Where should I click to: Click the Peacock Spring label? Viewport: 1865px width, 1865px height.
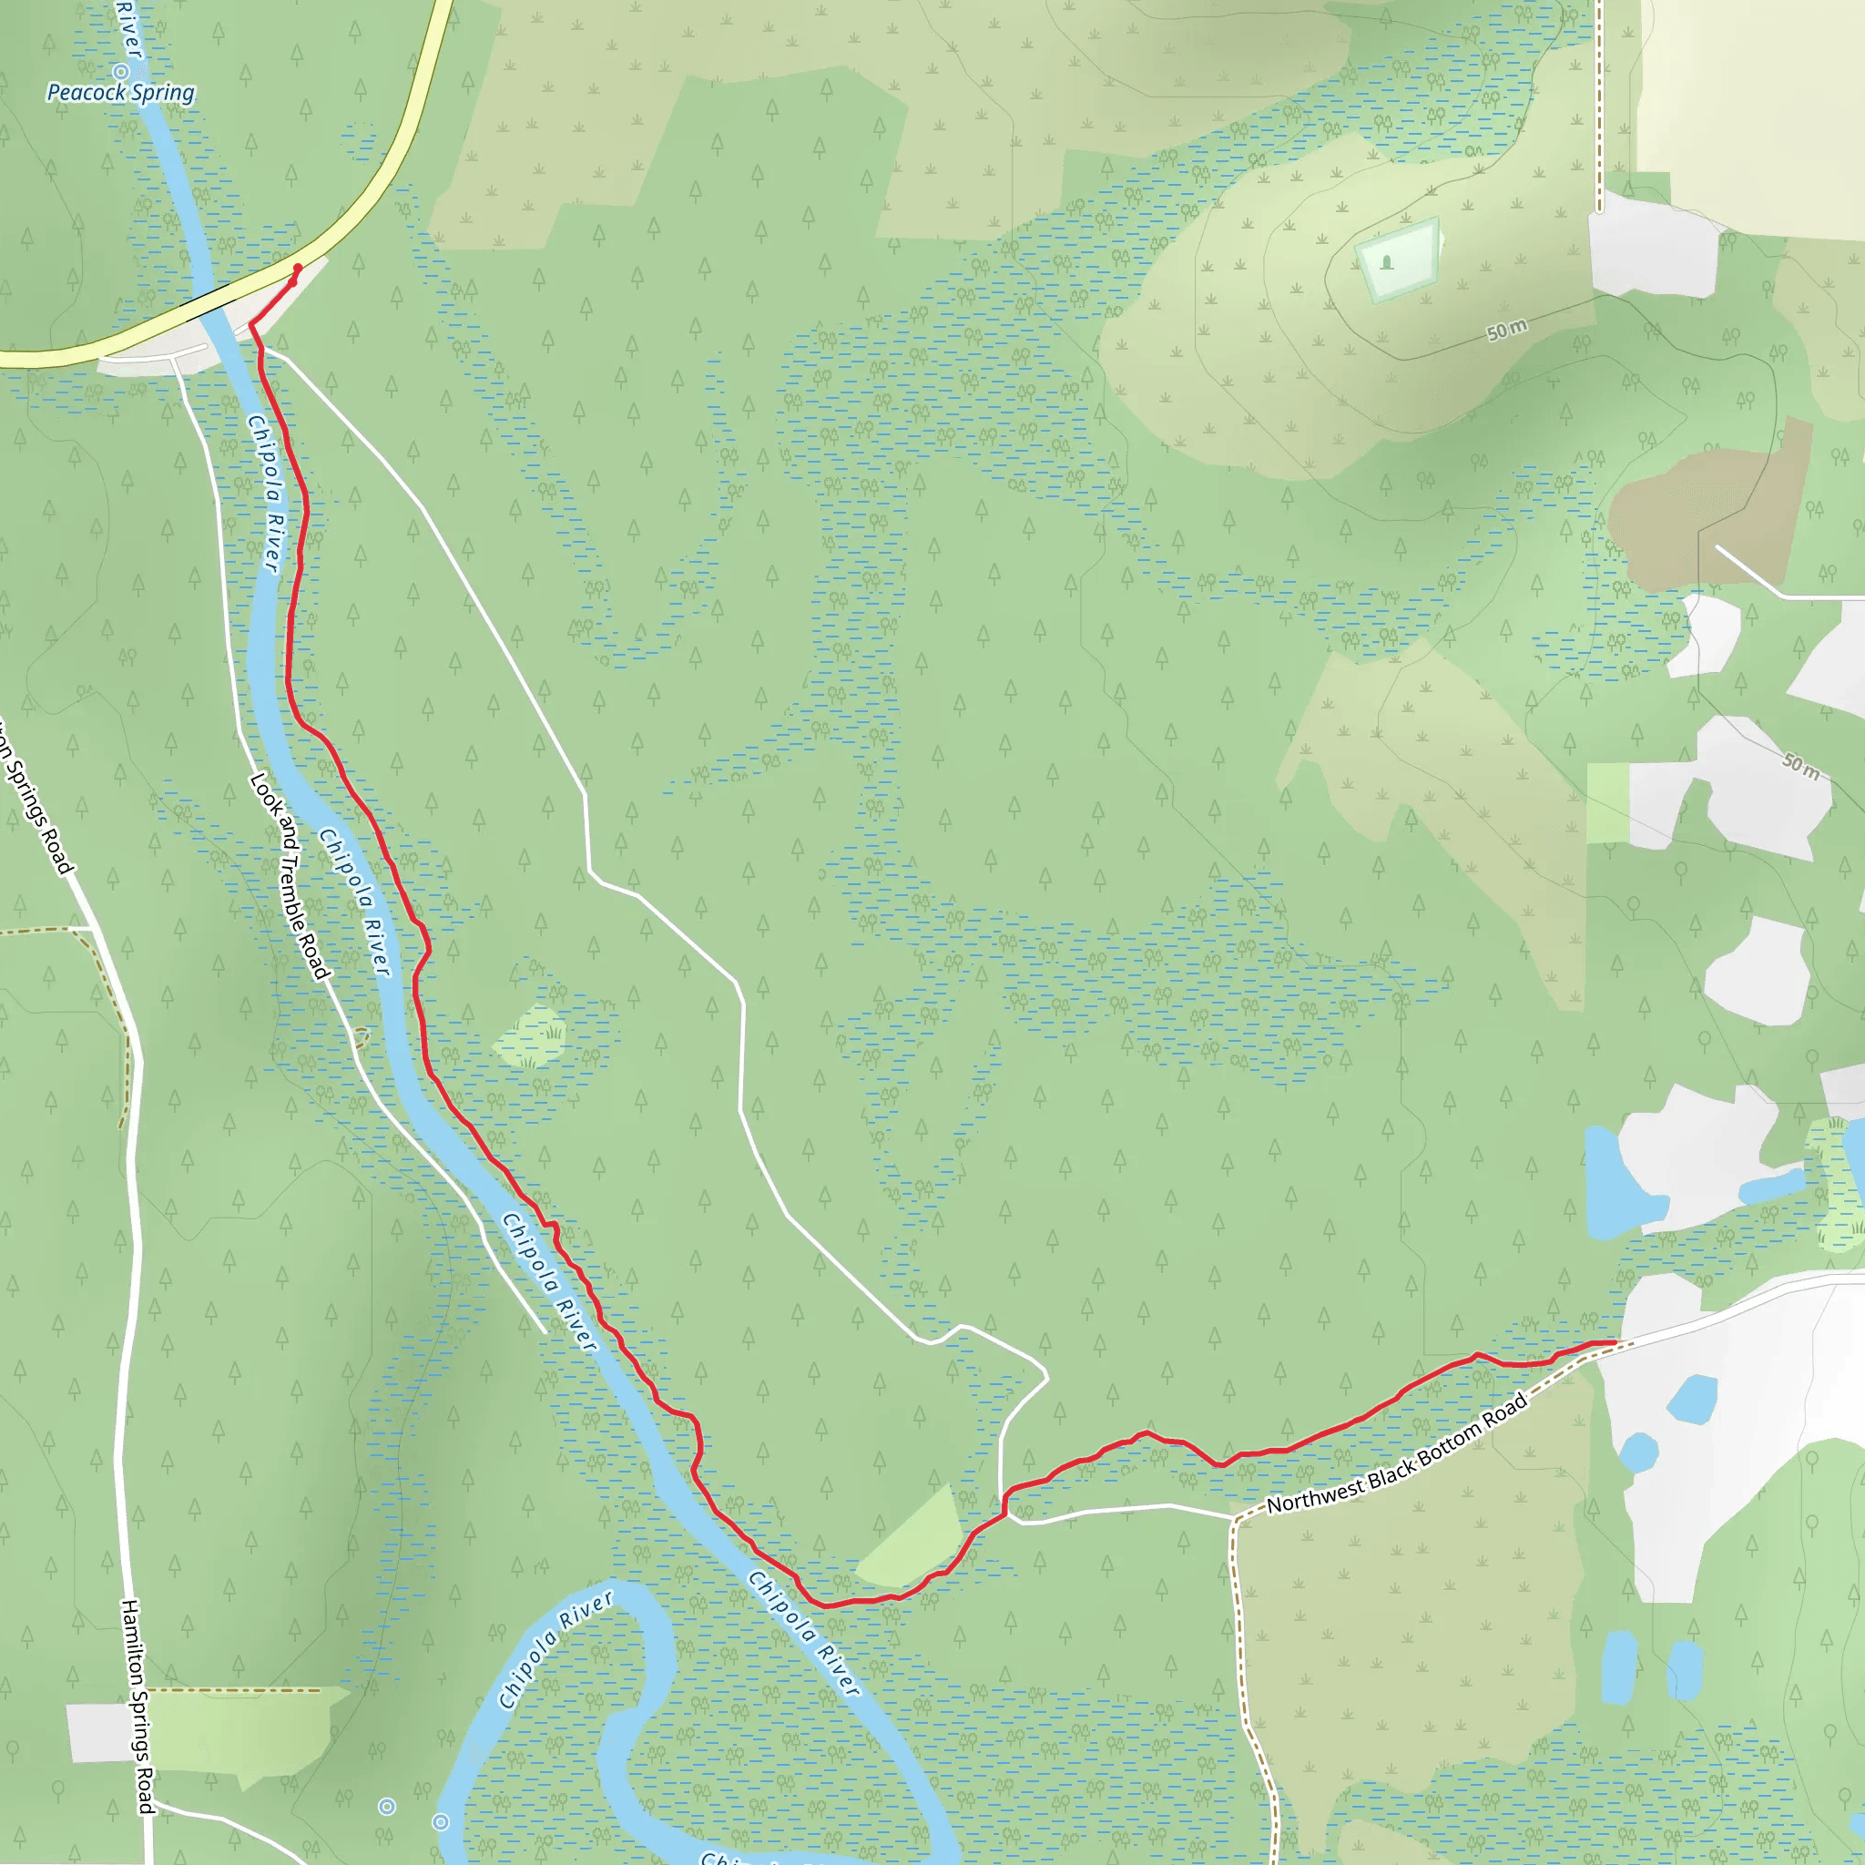pyautogui.click(x=121, y=93)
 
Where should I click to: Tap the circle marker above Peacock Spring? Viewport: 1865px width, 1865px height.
pyautogui.click(x=122, y=71)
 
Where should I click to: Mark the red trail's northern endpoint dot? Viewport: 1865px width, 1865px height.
pyautogui.click(x=297, y=269)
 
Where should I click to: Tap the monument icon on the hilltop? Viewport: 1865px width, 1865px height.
pyautogui.click(x=1387, y=261)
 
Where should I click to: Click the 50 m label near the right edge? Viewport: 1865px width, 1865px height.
pyautogui.click(x=1801, y=766)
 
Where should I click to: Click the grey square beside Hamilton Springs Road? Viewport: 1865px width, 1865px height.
pyautogui.click(x=98, y=1732)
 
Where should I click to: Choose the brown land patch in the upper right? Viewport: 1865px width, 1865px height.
pyautogui.click(x=1708, y=512)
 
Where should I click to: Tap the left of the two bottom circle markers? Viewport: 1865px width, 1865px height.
pyautogui.click(x=387, y=1806)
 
